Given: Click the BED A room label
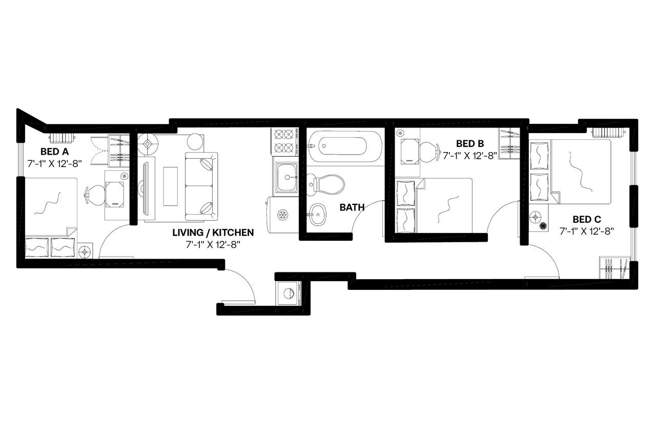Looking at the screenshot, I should click(54, 152).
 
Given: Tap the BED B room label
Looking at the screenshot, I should click(470, 143).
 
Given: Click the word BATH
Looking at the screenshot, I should click(352, 207).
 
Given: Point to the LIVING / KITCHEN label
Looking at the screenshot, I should click(213, 232).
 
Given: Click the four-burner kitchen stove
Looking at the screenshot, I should click(285, 141).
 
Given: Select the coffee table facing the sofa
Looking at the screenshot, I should click(171, 186).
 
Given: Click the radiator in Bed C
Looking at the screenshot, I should click(609, 132).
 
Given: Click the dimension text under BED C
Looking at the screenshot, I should click(587, 231).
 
